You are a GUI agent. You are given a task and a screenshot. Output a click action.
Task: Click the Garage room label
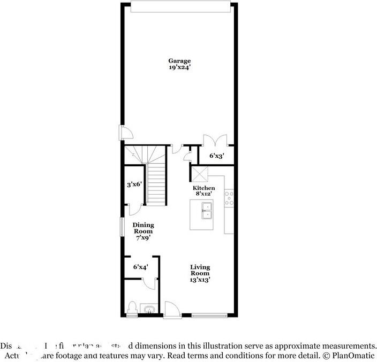179,61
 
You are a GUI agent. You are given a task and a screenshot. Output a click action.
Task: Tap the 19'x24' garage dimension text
179,68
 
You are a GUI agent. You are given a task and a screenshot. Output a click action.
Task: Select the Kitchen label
204,188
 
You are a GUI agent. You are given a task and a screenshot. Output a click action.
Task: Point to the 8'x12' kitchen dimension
204,195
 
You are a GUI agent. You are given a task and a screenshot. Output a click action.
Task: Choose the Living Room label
200,270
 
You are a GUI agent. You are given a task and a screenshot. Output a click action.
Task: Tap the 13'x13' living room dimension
200,279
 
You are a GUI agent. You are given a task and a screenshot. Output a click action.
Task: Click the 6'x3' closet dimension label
216,156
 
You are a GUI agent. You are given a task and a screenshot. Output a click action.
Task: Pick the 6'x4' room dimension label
141,266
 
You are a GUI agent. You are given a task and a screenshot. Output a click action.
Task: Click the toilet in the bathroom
132,309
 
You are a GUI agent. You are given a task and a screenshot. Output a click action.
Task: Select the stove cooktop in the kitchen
229,198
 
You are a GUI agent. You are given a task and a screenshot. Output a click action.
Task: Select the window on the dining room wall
121,226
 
